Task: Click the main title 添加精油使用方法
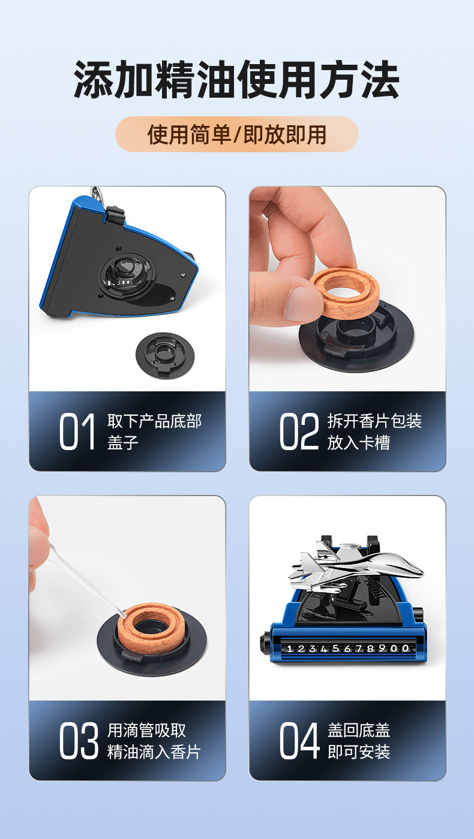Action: coord(236,79)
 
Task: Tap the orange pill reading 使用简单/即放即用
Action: coord(236,134)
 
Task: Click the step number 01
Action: coord(77,431)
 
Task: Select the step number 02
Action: coord(299,431)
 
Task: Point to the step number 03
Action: coord(79,741)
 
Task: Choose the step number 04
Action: coord(299,741)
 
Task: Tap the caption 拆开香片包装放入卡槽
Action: coord(374,431)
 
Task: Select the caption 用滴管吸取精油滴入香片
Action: coord(154,741)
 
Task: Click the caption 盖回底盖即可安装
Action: coord(359,741)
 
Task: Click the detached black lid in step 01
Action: coord(165,355)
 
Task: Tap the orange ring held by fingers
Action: coord(344,292)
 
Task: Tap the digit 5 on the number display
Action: coord(335,648)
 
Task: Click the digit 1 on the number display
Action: coord(289,648)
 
